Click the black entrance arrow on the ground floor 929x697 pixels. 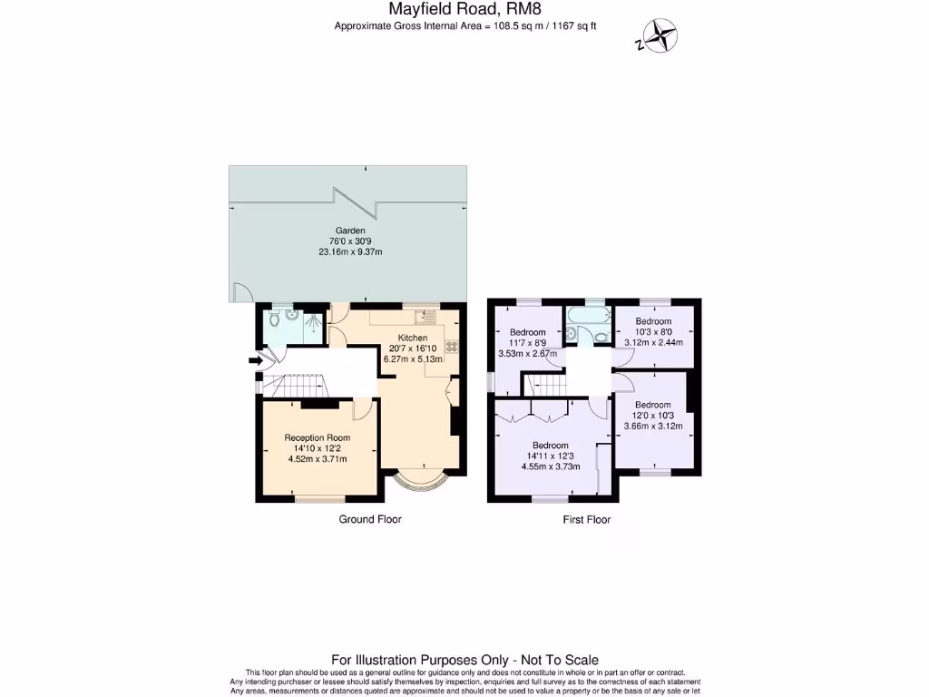pyautogui.click(x=255, y=361)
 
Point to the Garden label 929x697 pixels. pyautogui.click(x=349, y=231)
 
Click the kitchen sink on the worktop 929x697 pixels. pyautogui.click(x=424, y=317)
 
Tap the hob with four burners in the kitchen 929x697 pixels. pyautogui.click(x=450, y=346)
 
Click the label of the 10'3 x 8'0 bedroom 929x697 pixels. pyautogui.click(x=653, y=321)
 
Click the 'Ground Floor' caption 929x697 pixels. pyautogui.click(x=370, y=520)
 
